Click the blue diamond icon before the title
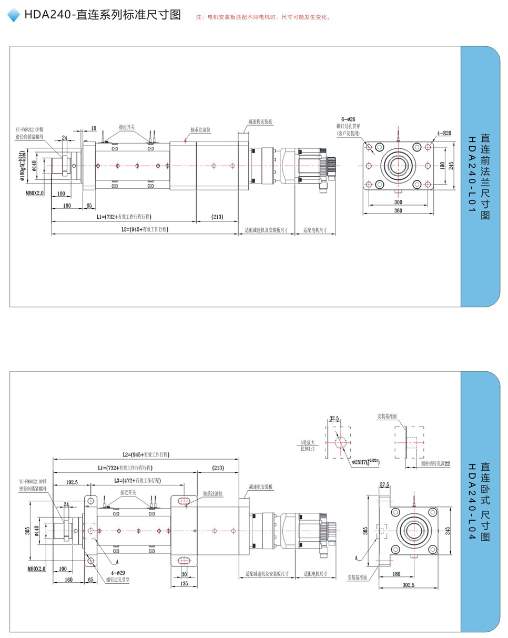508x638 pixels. pos(14,15)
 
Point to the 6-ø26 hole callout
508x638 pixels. pos(348,120)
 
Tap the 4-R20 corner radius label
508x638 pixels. pos(443,133)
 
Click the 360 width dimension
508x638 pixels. pos(398,210)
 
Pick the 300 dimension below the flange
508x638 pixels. pos(398,202)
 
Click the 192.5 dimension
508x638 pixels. pos(72,482)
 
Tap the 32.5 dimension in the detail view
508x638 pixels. pos(334,419)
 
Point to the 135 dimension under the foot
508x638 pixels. pos(184,583)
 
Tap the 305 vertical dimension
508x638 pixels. pos(27,531)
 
